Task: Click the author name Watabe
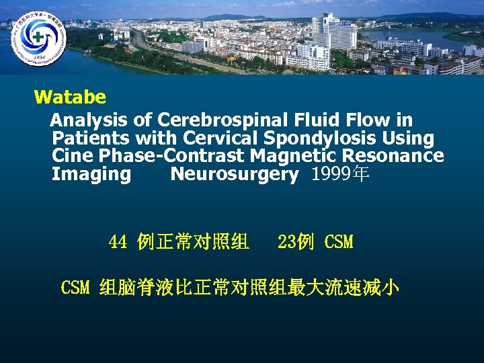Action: tap(70, 97)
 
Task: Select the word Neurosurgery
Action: tap(235, 175)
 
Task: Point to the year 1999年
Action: tap(340, 175)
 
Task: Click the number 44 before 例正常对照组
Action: tap(118, 242)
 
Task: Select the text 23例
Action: tap(295, 242)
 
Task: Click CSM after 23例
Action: tap(338, 242)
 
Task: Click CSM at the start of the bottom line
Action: tap(75, 288)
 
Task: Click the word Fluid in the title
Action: tap(315, 120)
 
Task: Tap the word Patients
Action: tap(91, 138)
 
